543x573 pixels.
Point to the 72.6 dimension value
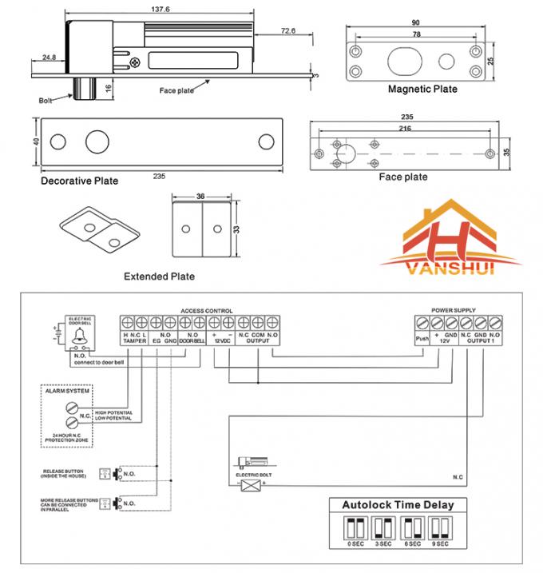289,30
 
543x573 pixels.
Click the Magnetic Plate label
422,90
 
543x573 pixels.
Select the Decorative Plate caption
79,181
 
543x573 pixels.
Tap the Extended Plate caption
159,277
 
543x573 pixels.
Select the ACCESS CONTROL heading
207,310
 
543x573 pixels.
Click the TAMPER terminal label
135,340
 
